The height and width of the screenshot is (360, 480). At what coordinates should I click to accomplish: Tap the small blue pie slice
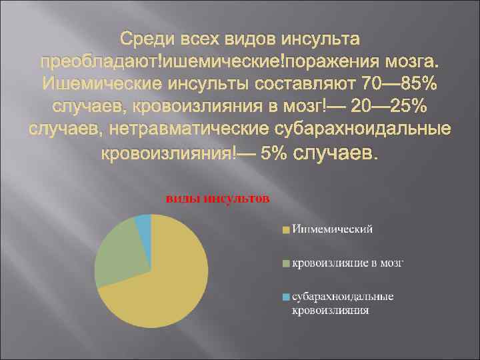pos(144,222)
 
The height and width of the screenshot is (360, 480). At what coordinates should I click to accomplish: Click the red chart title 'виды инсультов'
pos(217,198)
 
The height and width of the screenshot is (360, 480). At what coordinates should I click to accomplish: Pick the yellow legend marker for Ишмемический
pos(284,230)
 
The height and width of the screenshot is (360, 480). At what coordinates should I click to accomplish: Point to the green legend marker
pos(284,264)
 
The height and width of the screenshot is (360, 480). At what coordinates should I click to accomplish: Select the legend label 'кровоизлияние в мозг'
pos(347,264)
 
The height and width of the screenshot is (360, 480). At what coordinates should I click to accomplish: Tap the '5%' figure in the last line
pos(275,154)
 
